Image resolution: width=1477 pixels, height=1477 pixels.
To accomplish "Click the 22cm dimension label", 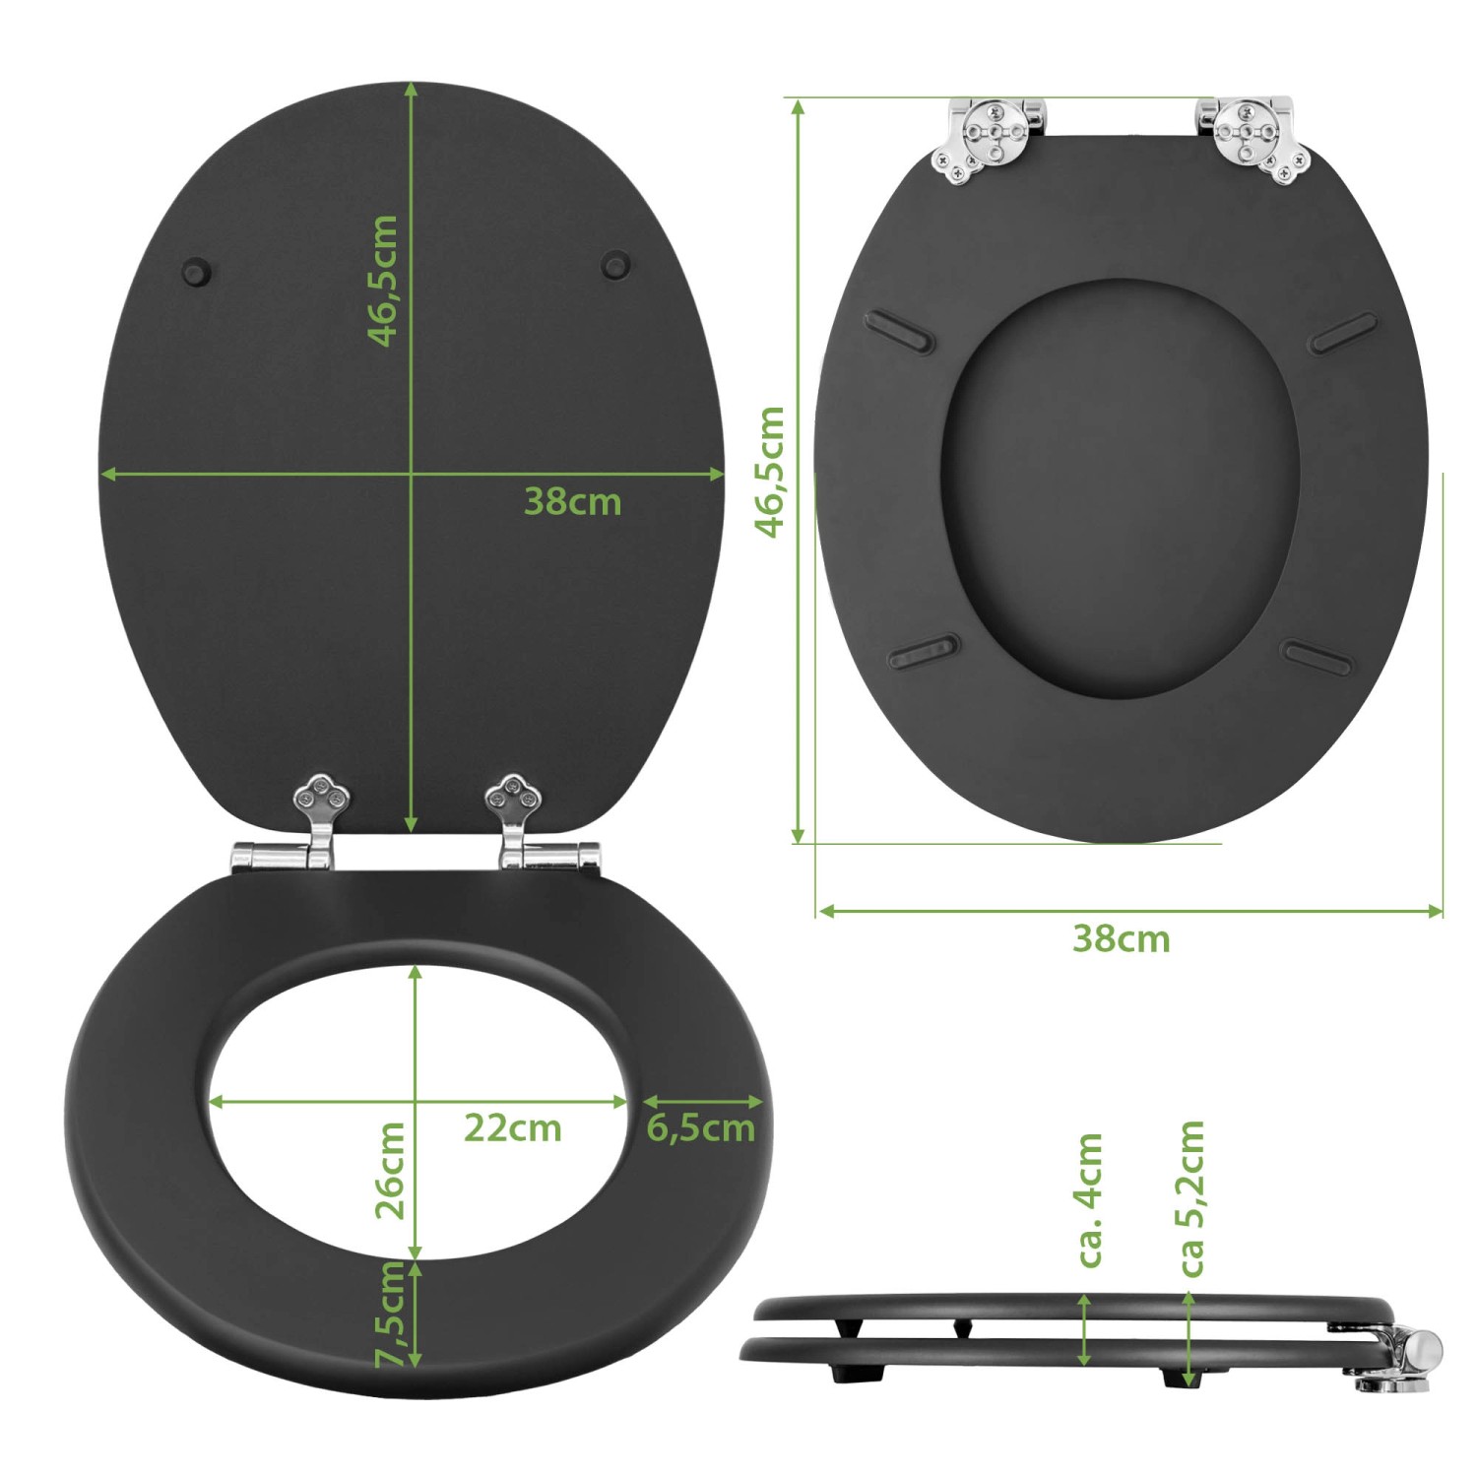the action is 512,1128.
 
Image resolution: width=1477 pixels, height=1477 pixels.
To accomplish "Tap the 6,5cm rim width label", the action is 700,1128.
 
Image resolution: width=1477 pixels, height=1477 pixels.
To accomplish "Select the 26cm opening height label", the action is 391,1170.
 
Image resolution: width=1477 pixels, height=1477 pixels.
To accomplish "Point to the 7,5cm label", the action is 391,1315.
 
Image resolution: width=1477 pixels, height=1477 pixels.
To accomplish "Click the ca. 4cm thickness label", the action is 1090,1199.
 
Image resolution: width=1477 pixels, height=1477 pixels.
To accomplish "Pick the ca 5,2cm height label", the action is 1191,1198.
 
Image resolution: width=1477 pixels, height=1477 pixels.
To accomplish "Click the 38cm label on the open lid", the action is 572,502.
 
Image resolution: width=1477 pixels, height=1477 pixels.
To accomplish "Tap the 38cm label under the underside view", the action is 1121,939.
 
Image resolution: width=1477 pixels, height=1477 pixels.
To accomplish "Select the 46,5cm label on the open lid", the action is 382,281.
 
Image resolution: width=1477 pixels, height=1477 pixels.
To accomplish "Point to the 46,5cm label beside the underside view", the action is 770,472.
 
